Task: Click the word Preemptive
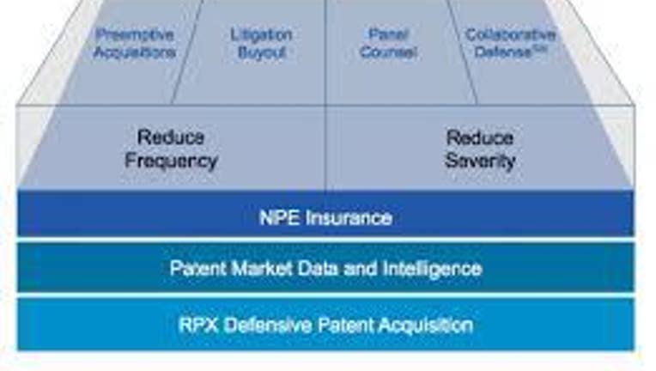pos(134,34)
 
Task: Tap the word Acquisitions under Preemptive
pos(134,52)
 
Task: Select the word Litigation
pos(262,34)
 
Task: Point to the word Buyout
pos(262,52)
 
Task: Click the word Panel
pos(389,34)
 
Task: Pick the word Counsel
pos(389,52)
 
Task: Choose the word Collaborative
pos(511,34)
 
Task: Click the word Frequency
pos(172,161)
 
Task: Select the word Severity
pos(480,161)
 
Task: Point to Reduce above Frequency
pos(171,137)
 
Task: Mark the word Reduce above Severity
pos(480,137)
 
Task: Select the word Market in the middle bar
pos(262,269)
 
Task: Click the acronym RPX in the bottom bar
pos(198,325)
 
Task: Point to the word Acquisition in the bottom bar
pos(426,325)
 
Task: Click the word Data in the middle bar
pos(319,269)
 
